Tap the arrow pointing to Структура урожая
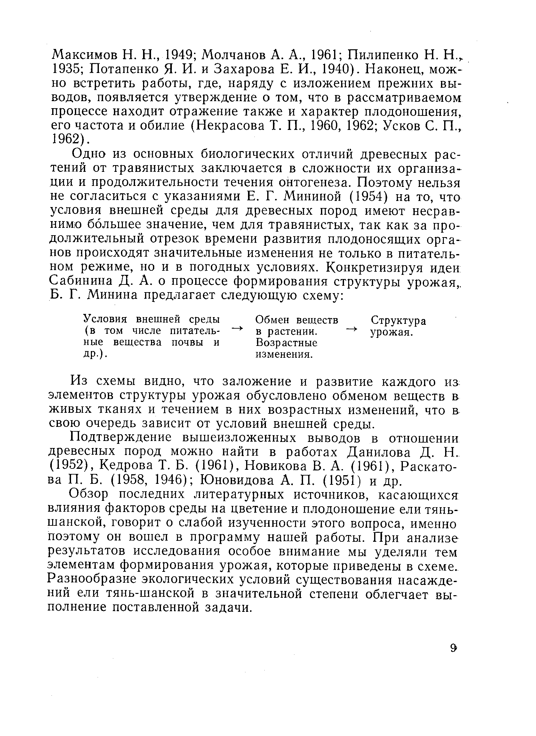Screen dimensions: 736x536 [352, 329]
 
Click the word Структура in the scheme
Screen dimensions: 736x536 [398, 321]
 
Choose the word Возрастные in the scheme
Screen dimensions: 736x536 [286, 343]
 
